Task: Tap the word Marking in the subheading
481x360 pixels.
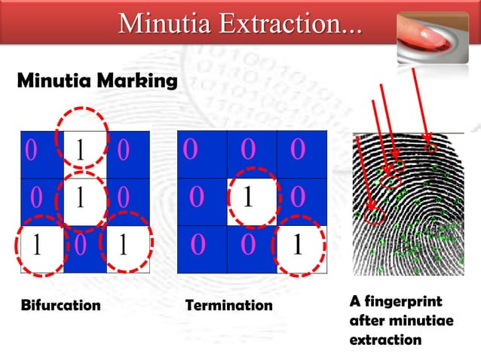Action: pyautogui.click(x=140, y=79)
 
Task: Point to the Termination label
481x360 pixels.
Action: pyautogui.click(x=228, y=306)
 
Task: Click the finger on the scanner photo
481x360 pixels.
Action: pyautogui.click(x=429, y=33)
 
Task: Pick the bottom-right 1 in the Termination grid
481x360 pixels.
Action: pyautogui.click(x=299, y=246)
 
